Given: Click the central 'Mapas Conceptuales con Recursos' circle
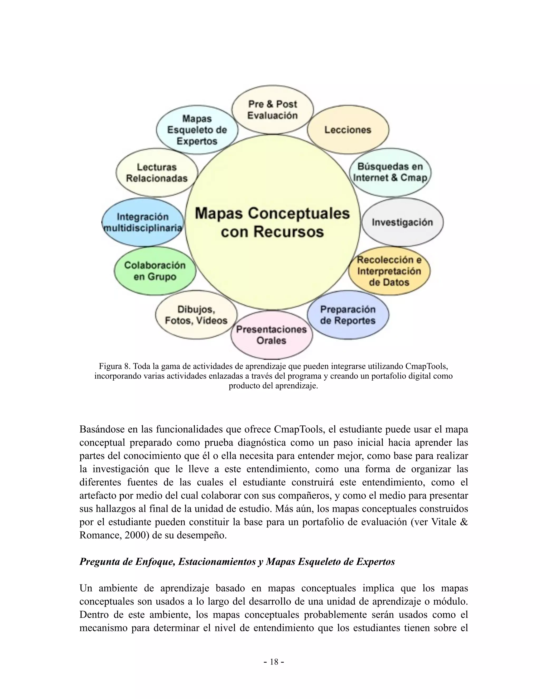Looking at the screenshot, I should tap(273, 222).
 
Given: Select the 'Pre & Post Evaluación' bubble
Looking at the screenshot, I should tap(273, 110).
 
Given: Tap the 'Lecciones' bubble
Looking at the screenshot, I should tap(348, 130).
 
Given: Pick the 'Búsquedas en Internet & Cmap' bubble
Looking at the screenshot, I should tap(390, 172).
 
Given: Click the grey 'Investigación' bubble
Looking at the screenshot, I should tap(402, 222).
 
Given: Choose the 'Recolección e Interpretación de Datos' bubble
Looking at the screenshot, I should tap(389, 271).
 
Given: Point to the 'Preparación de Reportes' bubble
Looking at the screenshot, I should tap(348, 315).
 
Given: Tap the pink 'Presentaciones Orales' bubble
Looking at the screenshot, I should tap(272, 335).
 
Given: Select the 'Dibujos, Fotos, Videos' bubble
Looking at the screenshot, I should tap(196, 315).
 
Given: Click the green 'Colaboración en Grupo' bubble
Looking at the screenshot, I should tap(155, 271).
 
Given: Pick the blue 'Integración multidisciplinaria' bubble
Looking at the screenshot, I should tap(143, 222).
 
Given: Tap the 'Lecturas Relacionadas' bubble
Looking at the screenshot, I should tap(157, 173).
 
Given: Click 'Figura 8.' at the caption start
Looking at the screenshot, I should tap(113, 366).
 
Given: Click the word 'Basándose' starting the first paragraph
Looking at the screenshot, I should tap(102, 429).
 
